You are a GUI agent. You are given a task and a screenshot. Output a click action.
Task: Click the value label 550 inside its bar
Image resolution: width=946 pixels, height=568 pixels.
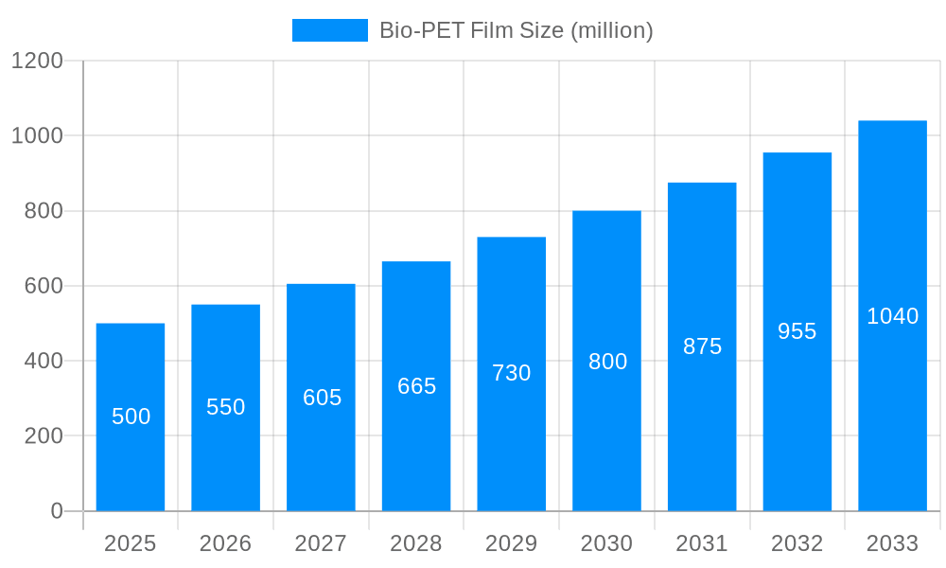(226, 407)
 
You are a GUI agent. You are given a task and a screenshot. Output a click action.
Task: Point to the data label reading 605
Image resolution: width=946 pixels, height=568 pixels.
(322, 398)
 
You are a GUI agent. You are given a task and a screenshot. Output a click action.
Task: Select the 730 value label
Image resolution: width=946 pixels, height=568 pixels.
(512, 373)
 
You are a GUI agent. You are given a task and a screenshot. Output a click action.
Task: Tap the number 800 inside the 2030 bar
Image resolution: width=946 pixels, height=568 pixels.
(607, 362)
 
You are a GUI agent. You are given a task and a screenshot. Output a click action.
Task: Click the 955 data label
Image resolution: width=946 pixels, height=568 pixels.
(797, 331)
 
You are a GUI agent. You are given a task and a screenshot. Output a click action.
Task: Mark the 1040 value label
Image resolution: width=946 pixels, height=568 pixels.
(892, 316)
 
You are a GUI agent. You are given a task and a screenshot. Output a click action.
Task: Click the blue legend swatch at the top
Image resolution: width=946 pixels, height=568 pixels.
(329, 30)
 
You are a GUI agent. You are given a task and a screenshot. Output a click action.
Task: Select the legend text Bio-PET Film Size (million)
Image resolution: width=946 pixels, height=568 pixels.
(516, 30)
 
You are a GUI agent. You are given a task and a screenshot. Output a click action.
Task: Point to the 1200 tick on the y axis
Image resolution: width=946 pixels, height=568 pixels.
(37, 61)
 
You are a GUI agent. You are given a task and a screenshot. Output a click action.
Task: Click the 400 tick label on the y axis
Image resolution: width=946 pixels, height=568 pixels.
(44, 361)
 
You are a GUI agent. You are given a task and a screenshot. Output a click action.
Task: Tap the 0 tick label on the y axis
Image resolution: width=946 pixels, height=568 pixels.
(57, 511)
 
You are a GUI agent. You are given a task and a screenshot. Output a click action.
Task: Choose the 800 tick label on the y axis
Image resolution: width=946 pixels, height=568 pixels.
(44, 211)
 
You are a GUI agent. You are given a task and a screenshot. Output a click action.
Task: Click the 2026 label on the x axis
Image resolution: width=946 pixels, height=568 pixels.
(226, 543)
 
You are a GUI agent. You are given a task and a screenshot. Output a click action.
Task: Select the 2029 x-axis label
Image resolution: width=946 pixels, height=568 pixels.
(512, 543)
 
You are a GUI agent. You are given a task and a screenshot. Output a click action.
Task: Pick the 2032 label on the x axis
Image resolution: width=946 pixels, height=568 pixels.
(797, 543)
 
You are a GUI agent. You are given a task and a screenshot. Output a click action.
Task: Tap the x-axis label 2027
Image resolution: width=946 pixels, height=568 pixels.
(322, 543)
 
